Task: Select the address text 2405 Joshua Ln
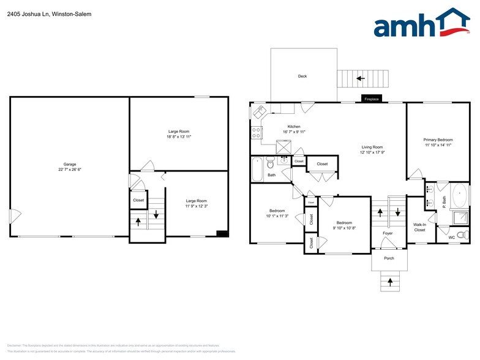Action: [27, 13]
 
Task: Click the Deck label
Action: [302, 77]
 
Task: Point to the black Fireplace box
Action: [372, 99]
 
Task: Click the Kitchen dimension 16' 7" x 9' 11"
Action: [294, 132]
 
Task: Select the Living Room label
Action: [372, 147]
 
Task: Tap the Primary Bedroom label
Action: [438, 140]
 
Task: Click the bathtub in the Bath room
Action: [257, 169]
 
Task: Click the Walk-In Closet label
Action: [419, 227]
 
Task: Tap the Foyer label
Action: [388, 233]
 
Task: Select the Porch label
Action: [389, 258]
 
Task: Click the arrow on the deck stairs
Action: [360, 78]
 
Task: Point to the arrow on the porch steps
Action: [389, 282]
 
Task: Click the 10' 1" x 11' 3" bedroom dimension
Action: [277, 216]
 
